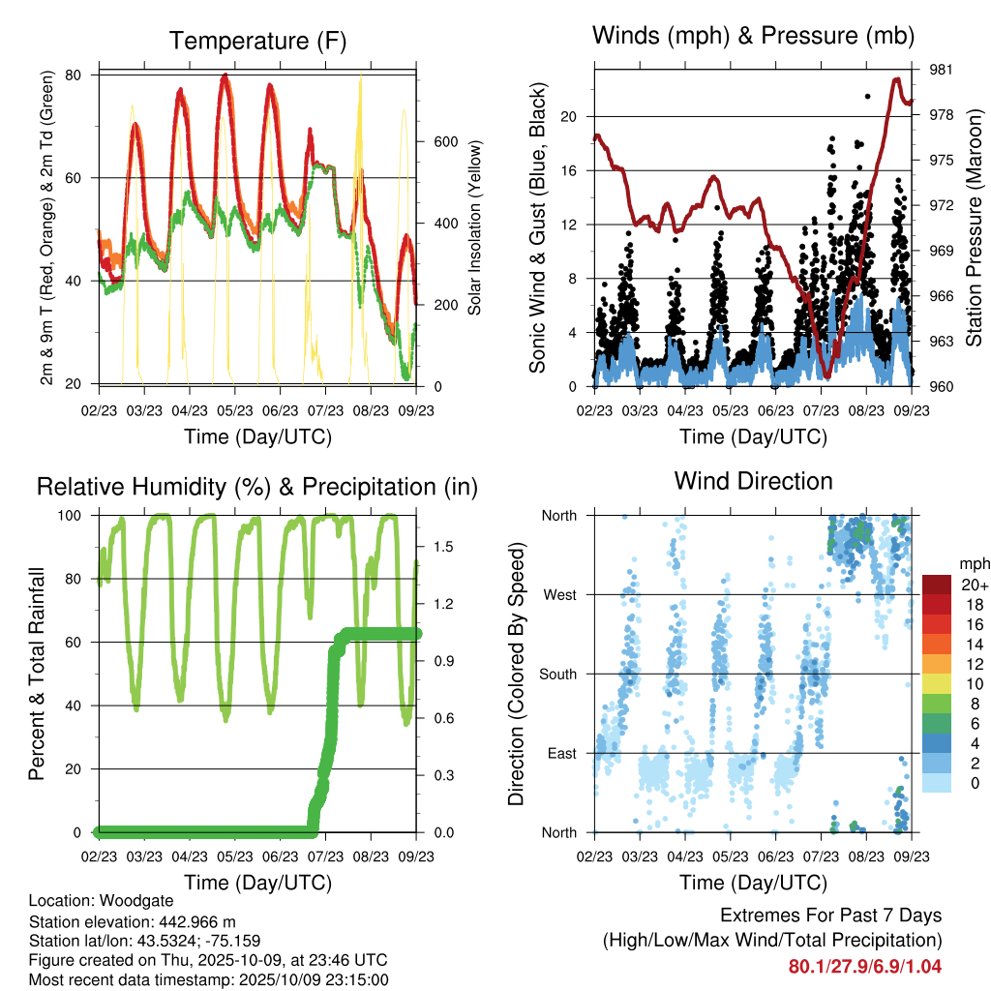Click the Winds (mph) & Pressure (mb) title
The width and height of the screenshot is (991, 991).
(x=753, y=37)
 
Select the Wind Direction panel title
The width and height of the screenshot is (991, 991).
(x=753, y=481)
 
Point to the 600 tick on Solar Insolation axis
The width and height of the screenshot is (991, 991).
(x=444, y=141)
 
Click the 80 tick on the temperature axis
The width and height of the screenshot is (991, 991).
(x=85, y=75)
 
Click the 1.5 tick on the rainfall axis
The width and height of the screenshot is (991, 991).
(x=443, y=547)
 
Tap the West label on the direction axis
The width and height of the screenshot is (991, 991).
(x=558, y=595)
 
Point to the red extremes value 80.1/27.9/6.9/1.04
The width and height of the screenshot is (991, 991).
(x=864, y=966)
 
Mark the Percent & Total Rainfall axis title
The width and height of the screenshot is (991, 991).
(x=38, y=674)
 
